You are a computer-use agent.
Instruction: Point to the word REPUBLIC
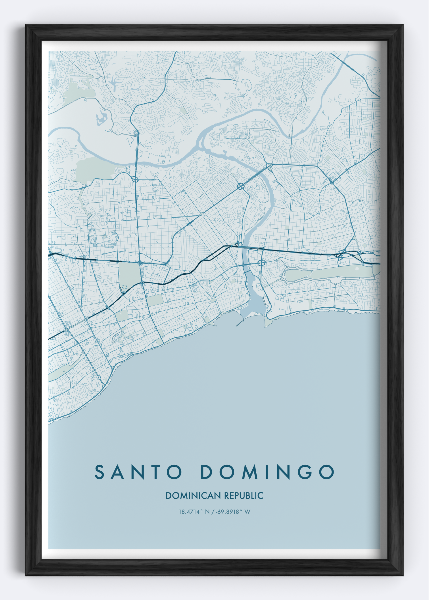244,496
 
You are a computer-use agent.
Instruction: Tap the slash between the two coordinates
212,512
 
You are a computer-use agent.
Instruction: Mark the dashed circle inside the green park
124,287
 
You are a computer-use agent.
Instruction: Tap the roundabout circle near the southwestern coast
99,378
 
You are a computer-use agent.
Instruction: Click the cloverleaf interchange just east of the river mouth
261,263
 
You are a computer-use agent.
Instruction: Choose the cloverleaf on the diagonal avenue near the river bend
240,187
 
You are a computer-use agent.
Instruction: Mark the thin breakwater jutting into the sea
240,324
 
